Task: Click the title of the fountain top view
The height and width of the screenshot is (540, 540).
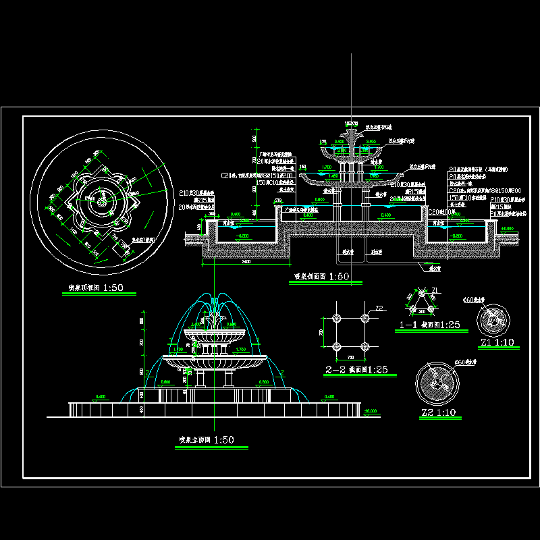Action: pos(96,288)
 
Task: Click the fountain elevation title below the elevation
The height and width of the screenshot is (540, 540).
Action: pos(207,440)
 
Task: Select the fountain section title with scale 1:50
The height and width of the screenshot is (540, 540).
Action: pos(322,276)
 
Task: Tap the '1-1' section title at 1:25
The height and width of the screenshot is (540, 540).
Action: pos(430,325)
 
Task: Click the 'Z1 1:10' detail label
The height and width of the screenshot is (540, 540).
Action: pos(497,343)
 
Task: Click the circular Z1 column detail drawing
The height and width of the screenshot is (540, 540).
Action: pos(497,319)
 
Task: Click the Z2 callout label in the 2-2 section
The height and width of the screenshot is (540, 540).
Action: pos(379,308)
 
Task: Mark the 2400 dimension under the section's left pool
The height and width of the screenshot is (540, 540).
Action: pos(243,261)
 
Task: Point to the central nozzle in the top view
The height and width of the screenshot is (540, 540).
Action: pos(103,201)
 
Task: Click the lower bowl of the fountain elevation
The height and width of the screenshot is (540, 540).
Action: pos(215,361)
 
